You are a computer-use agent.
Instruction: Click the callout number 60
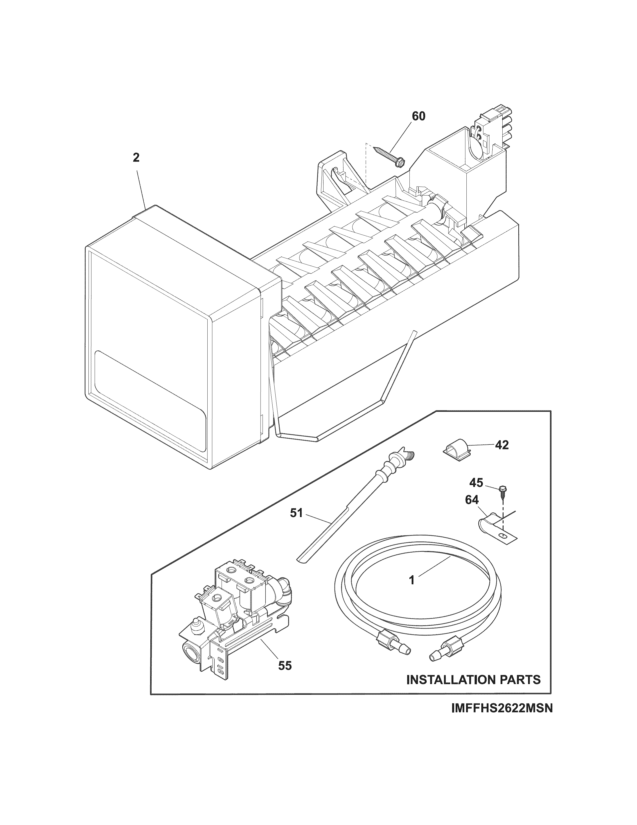[x=418, y=116]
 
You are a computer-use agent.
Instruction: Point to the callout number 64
[x=472, y=500]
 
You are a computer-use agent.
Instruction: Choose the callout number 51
[x=297, y=513]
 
